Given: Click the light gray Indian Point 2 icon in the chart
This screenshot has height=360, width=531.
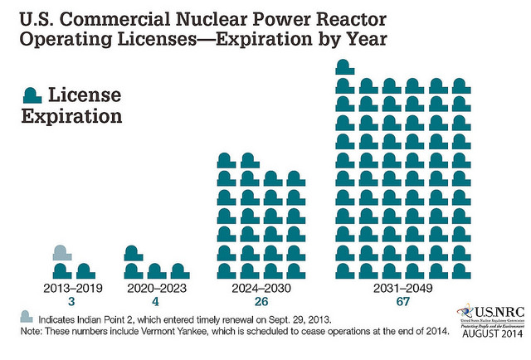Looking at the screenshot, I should [60, 253].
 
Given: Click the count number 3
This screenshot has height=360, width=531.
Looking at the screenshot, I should [71, 304].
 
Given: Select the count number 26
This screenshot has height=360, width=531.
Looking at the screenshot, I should [260, 304].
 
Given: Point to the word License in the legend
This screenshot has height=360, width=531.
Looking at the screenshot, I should [92, 95].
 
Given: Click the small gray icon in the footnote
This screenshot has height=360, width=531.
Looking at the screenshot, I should [27, 317].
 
